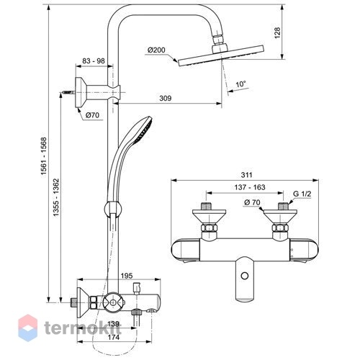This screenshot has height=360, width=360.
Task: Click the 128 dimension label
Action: tap(277, 33)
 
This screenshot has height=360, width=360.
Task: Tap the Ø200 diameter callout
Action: tap(156, 50)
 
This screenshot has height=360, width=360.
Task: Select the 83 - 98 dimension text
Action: tap(94, 60)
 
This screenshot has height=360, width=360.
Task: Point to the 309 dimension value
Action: tap(166, 98)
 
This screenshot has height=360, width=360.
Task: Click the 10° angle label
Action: tap(240, 84)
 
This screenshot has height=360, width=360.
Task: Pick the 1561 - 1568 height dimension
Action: tap(44, 156)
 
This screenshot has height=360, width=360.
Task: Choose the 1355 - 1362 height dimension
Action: tap(56, 197)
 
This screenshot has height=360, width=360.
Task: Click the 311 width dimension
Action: tap(246, 175)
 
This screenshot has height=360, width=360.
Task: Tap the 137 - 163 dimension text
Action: tap(250, 187)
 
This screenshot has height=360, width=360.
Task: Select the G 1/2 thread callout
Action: tap(302, 194)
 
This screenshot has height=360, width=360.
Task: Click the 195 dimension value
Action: tap(127, 276)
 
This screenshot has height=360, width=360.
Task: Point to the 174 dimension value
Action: tap(114, 337)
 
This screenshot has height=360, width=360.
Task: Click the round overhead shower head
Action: tap(221, 55)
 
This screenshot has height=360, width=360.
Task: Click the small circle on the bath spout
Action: tap(245, 276)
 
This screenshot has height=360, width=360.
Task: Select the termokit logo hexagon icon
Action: tap(28, 328)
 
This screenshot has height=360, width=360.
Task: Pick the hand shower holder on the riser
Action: tap(113, 210)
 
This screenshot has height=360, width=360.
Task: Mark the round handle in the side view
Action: tap(112, 303)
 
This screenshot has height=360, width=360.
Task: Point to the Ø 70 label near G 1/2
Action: tap(252, 202)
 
